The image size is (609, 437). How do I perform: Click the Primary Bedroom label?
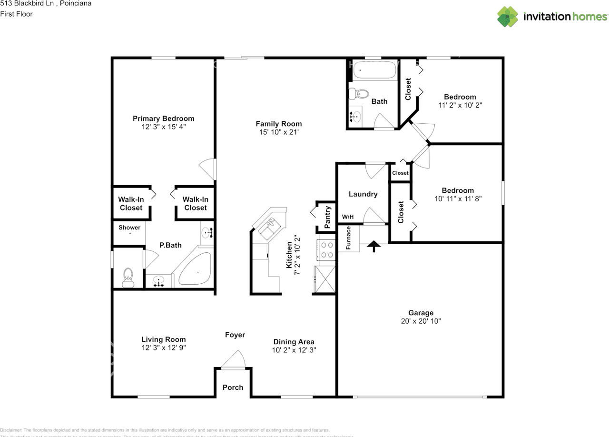click(x=163, y=119)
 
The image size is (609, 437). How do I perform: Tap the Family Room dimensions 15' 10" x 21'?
click(x=278, y=132)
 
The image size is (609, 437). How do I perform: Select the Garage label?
click(x=421, y=313)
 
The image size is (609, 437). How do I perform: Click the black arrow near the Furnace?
click(x=374, y=246)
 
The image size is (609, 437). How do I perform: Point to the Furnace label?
click(x=348, y=238)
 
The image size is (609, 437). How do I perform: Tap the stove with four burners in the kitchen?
click(x=326, y=250)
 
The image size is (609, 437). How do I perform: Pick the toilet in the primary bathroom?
click(x=128, y=278)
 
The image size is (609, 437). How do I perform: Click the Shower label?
click(x=129, y=228)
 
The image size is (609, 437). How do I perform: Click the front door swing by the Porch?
click(x=234, y=360)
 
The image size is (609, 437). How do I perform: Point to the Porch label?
click(x=233, y=387)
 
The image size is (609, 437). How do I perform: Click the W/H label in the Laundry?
click(x=348, y=217)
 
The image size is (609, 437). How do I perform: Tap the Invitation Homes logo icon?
click(x=508, y=17)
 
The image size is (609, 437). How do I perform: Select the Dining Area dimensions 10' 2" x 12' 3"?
click(x=294, y=350)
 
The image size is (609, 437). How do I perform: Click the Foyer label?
click(x=235, y=335)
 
